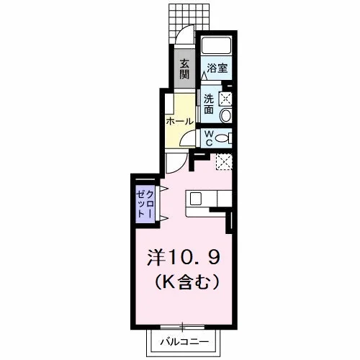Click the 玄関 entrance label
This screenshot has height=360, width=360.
(x=184, y=69)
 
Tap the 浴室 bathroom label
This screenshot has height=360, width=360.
(x=217, y=68)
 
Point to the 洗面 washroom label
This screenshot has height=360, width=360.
(x=209, y=104)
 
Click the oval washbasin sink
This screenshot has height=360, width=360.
(x=225, y=115)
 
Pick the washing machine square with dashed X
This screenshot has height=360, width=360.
(x=225, y=99)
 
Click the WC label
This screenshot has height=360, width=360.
(x=210, y=138)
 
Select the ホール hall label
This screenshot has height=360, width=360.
(x=180, y=122)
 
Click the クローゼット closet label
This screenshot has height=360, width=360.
(x=145, y=204)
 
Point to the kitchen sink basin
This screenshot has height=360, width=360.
(x=196, y=199)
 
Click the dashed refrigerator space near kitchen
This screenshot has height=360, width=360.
(x=224, y=162)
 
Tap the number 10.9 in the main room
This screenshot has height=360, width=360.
(x=193, y=258)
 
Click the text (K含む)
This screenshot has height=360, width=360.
(x=187, y=282)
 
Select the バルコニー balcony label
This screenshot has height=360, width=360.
(x=184, y=341)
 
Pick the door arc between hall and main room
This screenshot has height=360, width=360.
(x=180, y=167)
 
